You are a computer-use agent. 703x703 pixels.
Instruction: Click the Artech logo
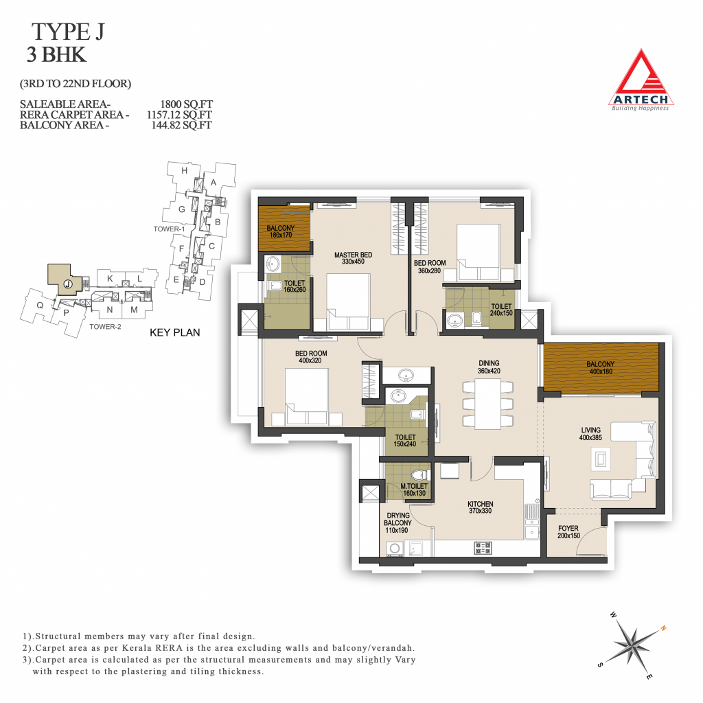(x=641, y=80)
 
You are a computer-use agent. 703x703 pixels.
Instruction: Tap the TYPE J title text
(x=68, y=32)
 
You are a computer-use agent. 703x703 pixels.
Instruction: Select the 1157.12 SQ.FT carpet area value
(x=179, y=115)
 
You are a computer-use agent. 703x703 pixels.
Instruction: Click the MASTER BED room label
(x=354, y=255)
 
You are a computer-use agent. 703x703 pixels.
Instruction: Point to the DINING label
(x=489, y=363)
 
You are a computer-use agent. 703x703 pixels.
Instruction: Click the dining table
(x=488, y=404)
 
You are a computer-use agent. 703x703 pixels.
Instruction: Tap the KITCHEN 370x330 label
(x=480, y=507)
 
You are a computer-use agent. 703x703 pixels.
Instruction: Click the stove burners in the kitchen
(x=483, y=547)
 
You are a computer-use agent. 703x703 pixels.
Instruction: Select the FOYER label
(x=568, y=528)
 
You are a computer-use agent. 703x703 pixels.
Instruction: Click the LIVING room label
(x=590, y=430)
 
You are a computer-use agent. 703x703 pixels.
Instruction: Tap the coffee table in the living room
(x=600, y=459)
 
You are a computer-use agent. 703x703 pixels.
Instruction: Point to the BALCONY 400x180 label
(x=601, y=368)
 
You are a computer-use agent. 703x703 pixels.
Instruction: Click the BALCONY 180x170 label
(x=281, y=231)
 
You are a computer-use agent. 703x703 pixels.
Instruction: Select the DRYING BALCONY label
(x=397, y=519)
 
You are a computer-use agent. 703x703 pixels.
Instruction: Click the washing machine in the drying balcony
(x=395, y=549)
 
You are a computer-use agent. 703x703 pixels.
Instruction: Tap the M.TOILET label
(x=414, y=486)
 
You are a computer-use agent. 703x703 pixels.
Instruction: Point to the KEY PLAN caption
(x=175, y=333)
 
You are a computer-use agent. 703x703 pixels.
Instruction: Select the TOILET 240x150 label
(x=501, y=310)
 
